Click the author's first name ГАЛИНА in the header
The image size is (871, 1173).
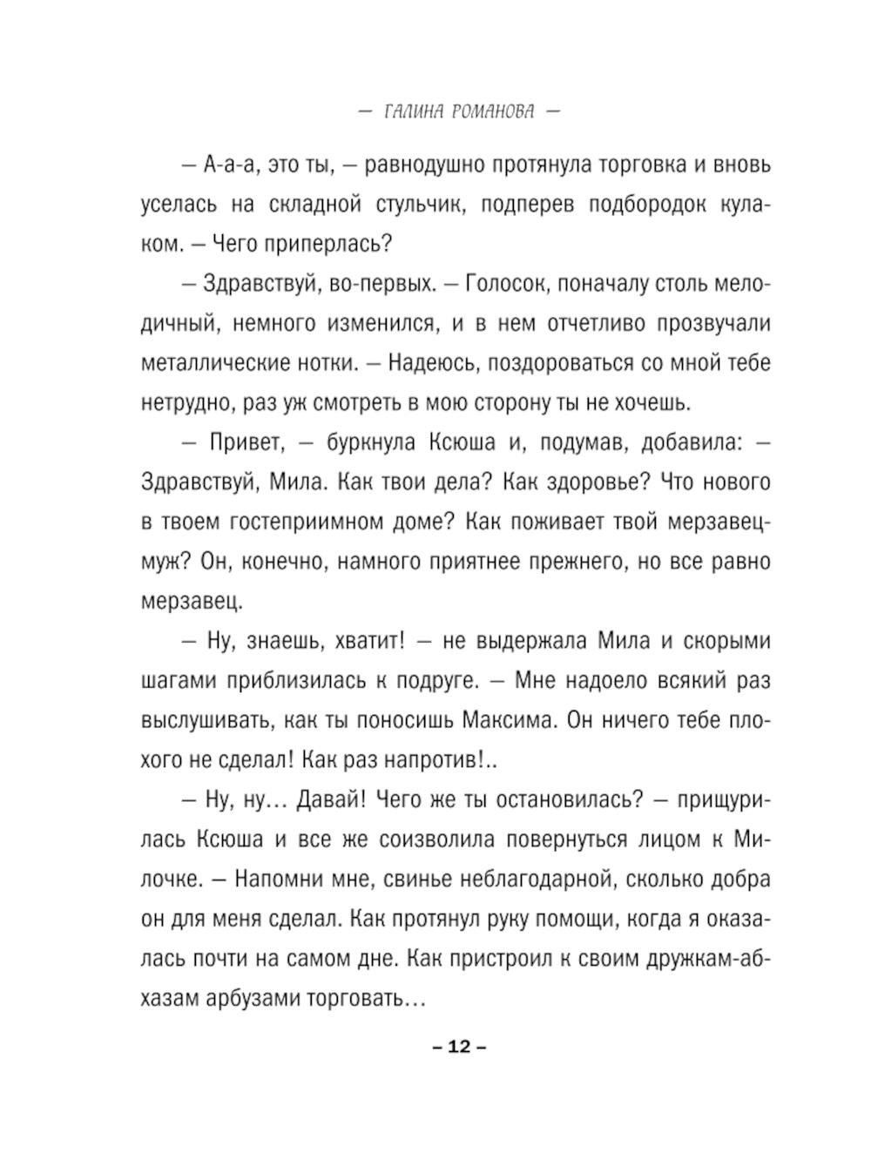414,112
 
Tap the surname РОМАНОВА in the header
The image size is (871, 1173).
494,112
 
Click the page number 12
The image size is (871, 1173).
459,1046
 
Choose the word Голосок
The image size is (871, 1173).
505,284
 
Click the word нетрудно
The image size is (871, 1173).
181,403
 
